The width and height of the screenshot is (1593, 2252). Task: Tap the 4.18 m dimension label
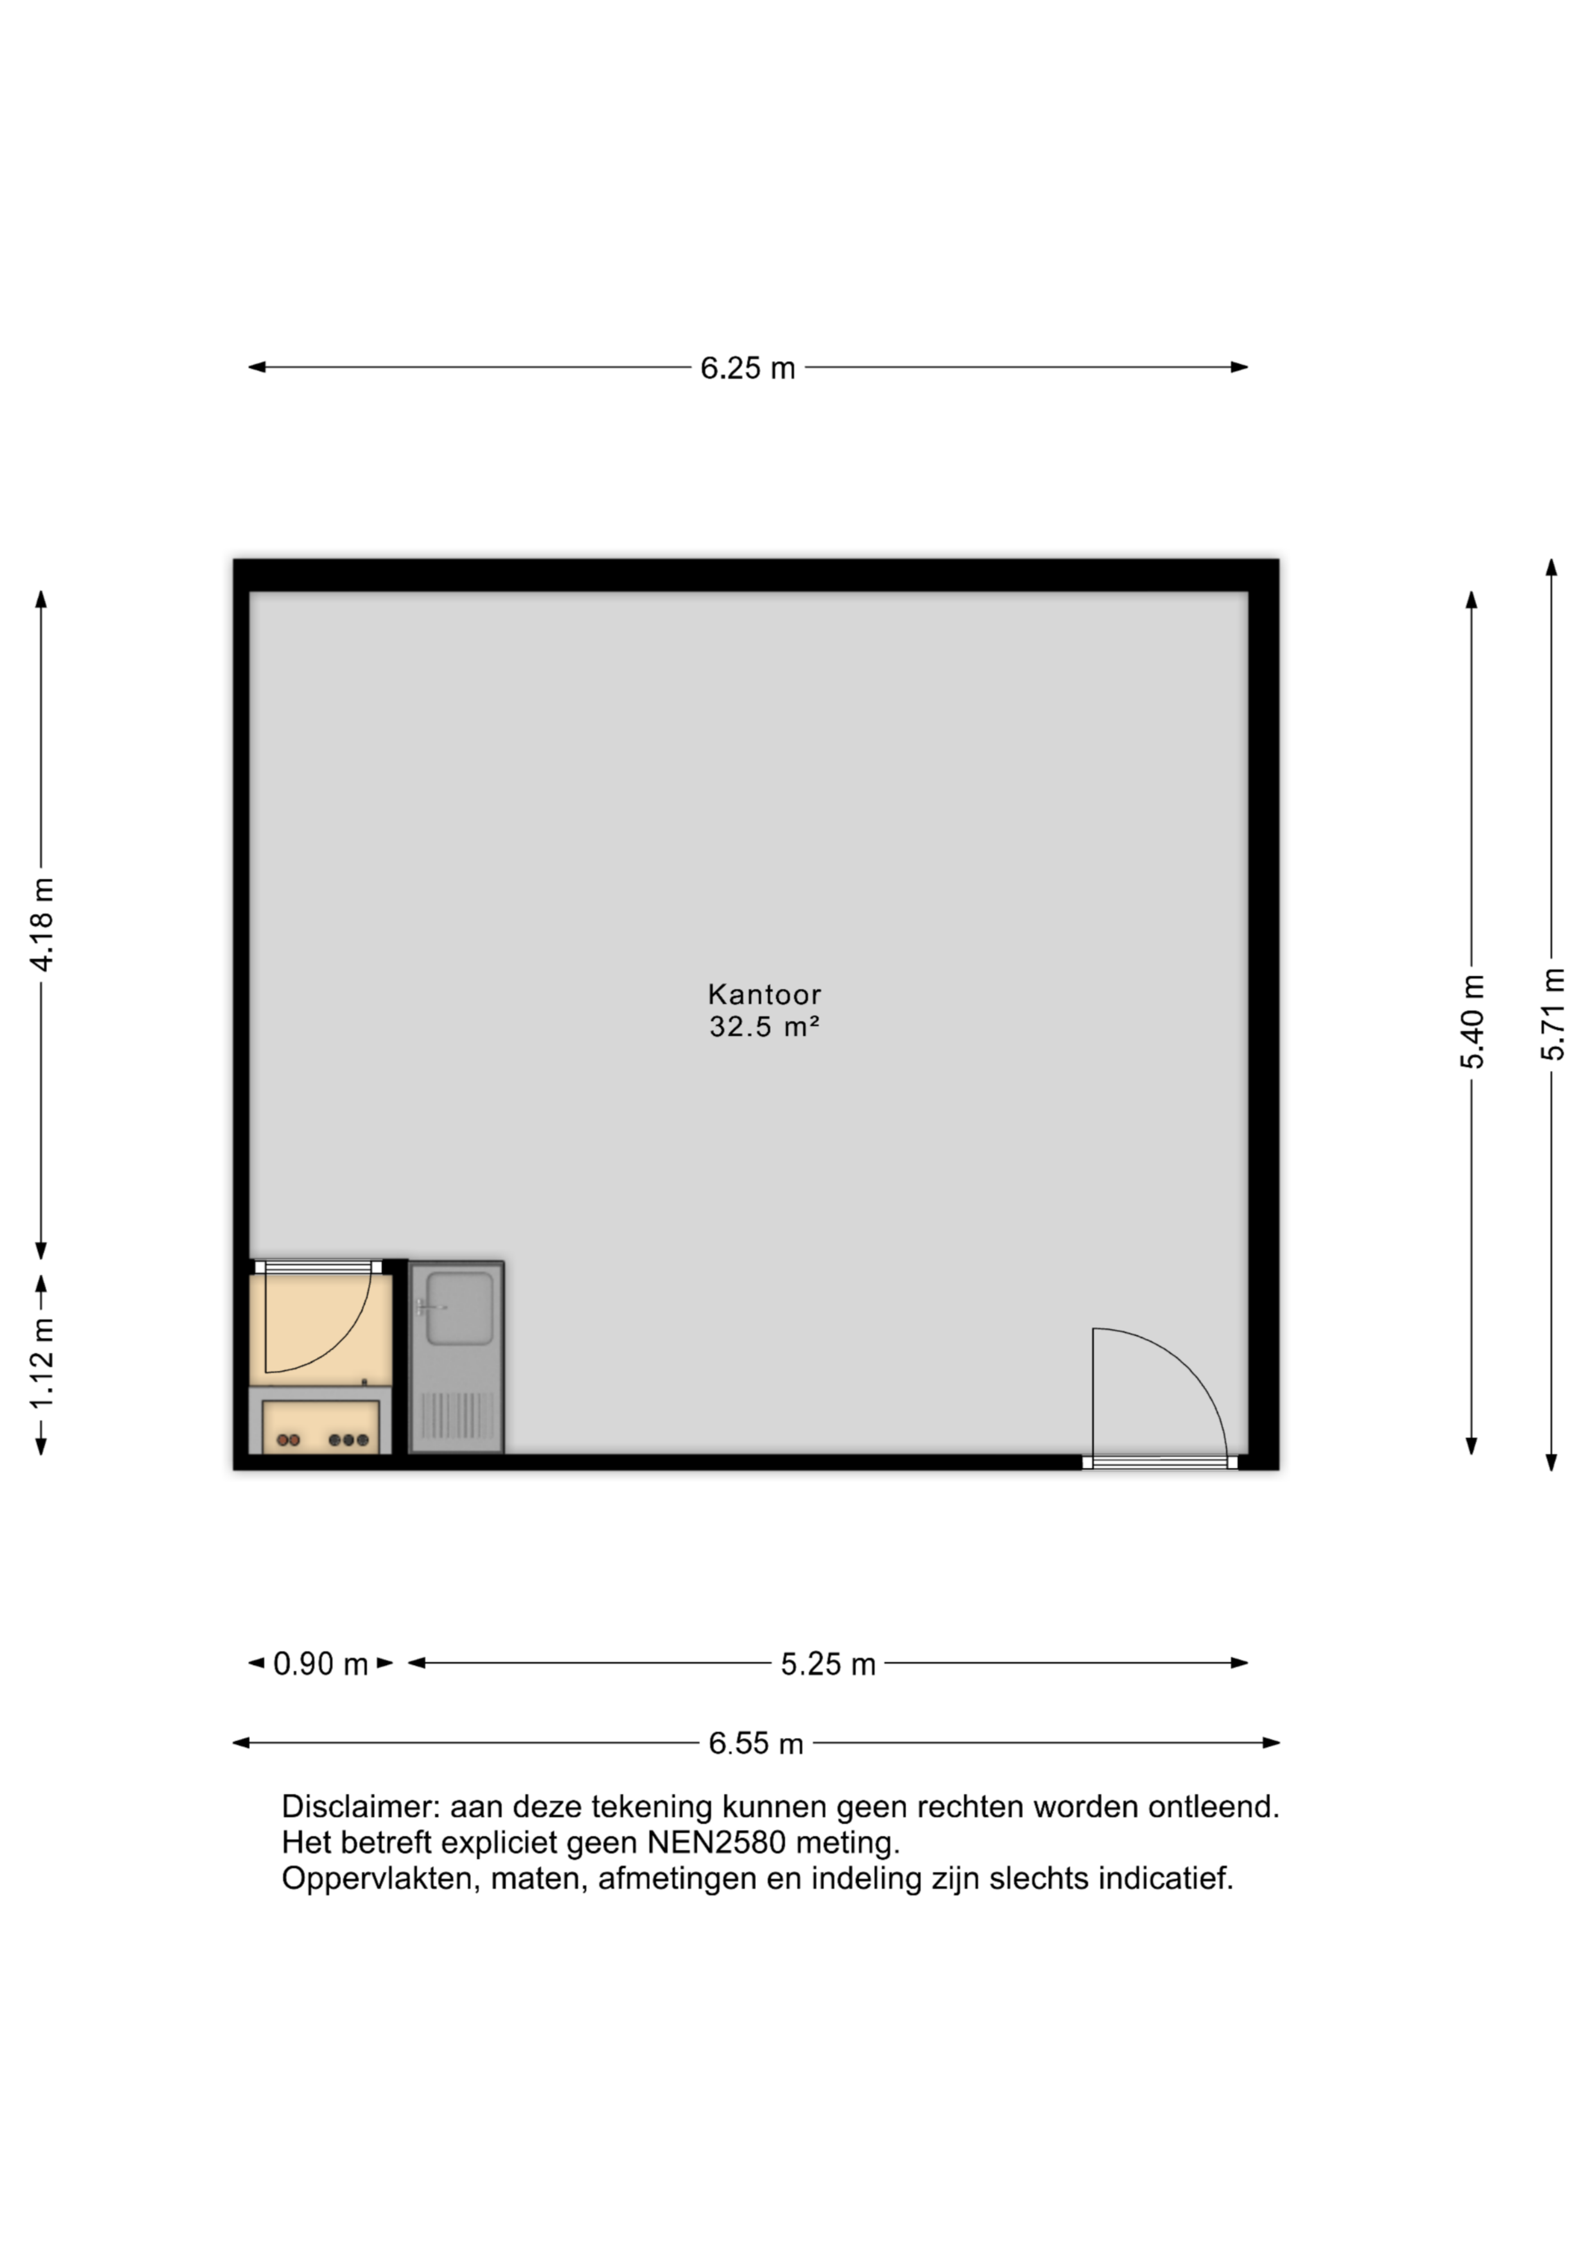[x=42, y=925]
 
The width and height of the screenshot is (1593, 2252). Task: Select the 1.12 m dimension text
[x=42, y=1363]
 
